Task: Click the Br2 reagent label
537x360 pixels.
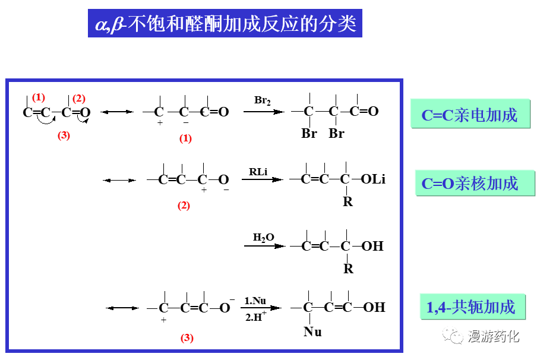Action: click(263, 100)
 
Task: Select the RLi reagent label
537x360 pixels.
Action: click(258, 172)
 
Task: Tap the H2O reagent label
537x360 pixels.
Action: click(264, 238)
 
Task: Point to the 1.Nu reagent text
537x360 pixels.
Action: click(255, 301)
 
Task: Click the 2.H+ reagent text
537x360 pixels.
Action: click(255, 317)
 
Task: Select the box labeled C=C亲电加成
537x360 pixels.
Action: click(469, 115)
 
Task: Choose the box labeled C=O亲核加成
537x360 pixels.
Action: click(470, 184)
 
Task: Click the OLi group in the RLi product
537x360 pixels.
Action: click(372, 179)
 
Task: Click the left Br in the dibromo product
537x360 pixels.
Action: click(309, 134)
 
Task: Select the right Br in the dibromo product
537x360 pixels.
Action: click(336, 134)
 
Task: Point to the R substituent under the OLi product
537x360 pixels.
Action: click(348, 202)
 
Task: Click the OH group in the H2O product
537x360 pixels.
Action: click(373, 246)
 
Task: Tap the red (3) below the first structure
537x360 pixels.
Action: click(64, 135)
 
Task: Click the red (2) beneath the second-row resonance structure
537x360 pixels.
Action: click(184, 206)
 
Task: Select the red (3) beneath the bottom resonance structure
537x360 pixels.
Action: click(187, 338)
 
